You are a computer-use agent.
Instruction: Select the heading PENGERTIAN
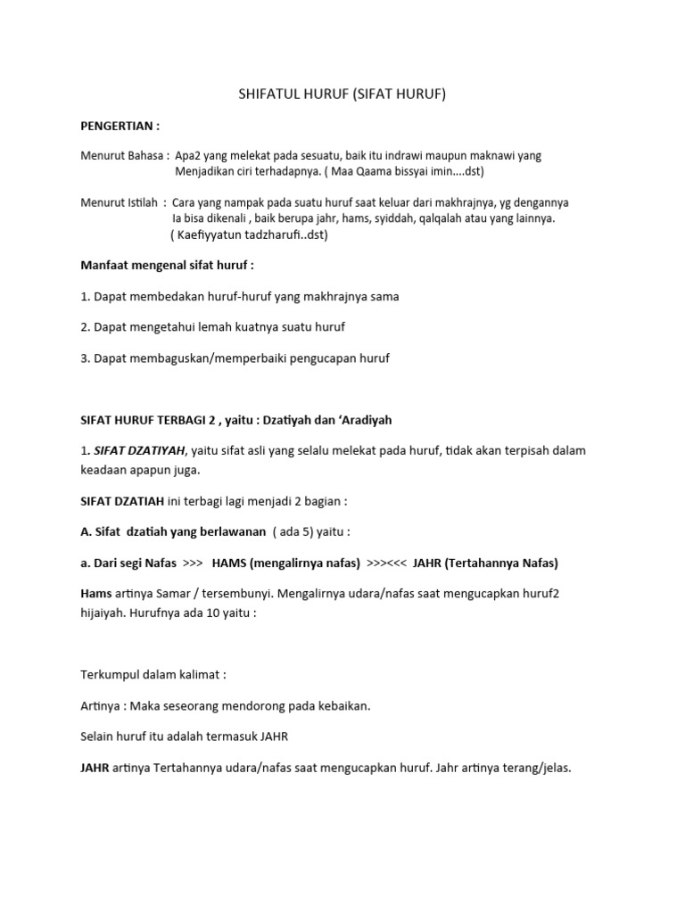click(x=120, y=126)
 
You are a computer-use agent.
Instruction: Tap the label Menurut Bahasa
click(x=120, y=155)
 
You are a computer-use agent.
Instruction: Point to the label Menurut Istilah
click(x=118, y=202)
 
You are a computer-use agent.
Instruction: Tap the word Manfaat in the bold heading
click(x=106, y=265)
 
